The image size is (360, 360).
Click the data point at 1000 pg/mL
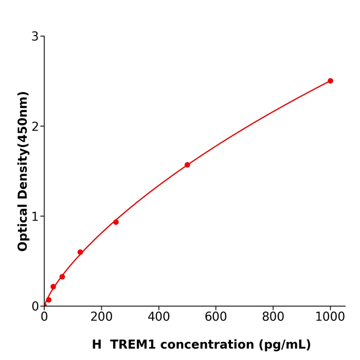click(x=330, y=81)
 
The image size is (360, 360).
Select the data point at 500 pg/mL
click(x=187, y=165)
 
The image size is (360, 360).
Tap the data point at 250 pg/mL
click(x=116, y=222)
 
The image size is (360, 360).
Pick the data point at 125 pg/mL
click(x=80, y=253)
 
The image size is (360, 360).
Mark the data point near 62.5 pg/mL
click(x=62, y=277)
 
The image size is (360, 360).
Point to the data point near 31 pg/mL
click(x=53, y=287)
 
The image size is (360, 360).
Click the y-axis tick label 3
click(x=35, y=37)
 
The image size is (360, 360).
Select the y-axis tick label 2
click(x=35, y=127)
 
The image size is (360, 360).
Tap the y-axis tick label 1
click(x=35, y=217)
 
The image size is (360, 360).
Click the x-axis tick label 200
click(x=101, y=317)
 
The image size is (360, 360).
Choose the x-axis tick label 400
click(x=158, y=317)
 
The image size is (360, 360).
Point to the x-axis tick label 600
click(x=216, y=317)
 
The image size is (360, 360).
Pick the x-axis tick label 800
click(x=273, y=317)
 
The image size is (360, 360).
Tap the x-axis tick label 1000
click(x=330, y=317)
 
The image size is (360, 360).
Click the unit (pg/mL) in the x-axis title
click(x=285, y=345)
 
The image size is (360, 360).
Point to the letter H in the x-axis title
click(x=97, y=345)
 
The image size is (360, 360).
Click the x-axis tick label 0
click(x=44, y=317)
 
